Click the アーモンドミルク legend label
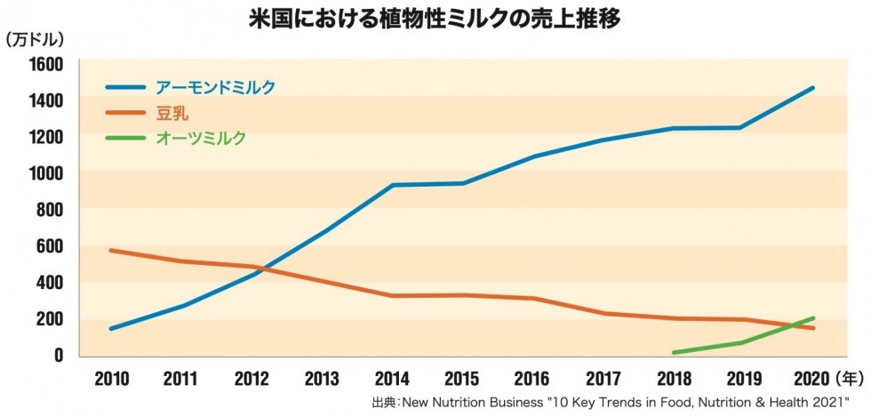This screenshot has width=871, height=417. coord(215,87)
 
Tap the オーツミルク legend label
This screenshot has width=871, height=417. coord(200,138)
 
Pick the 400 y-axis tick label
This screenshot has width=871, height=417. coord(48,282)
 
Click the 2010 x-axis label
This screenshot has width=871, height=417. coord(111,380)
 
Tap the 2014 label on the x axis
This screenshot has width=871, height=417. coord(392,380)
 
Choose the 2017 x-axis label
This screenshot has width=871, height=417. coord(603,380)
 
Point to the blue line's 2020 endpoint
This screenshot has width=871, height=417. coord(813,88)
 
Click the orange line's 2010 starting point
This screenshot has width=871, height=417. coord(111,251)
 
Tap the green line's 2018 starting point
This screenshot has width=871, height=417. coord(674,352)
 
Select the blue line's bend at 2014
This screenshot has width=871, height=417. coord(392,185)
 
